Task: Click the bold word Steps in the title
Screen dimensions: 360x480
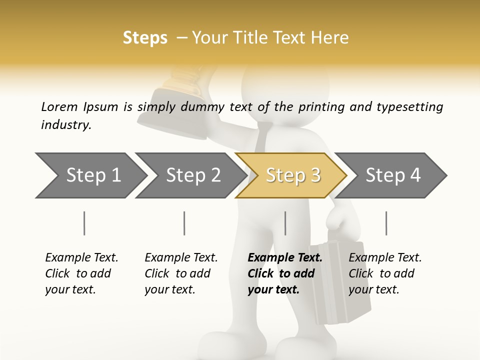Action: coord(145,38)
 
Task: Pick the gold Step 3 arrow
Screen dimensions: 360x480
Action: coord(293,175)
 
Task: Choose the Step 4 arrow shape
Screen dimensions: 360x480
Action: coord(393,175)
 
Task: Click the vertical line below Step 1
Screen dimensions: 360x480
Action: coord(84,223)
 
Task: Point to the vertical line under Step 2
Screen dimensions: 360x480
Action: coord(184,223)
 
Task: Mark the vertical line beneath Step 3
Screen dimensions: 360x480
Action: coord(285,223)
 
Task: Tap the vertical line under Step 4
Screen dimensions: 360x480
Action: coord(386,223)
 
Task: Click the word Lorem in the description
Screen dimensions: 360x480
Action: coord(59,106)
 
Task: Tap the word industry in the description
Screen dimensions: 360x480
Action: coord(66,124)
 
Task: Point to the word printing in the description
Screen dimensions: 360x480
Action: coord(321,106)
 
